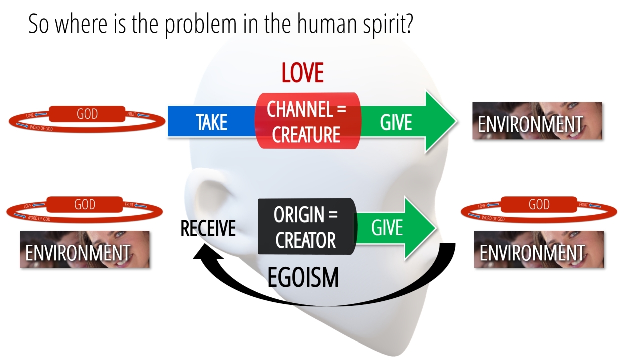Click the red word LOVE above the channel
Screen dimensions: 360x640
coord(302,73)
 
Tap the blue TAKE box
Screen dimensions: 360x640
coord(211,122)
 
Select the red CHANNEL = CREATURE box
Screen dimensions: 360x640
coord(306,121)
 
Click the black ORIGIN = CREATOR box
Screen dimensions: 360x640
coord(305,227)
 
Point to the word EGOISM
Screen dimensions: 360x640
coord(303,278)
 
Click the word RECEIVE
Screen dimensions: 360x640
coord(208,228)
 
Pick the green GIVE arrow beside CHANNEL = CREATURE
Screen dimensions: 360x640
coord(405,122)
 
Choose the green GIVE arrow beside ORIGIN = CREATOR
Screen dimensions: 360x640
coord(394,228)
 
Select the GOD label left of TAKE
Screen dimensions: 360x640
coord(87,114)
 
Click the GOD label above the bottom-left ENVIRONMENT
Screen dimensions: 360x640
coord(84,204)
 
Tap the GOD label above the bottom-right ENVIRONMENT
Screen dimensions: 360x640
coord(539,204)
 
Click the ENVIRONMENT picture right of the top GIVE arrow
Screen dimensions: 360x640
coord(537,121)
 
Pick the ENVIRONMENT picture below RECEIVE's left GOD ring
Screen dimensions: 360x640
coord(85,249)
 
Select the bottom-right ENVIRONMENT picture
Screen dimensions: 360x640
coord(539,249)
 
